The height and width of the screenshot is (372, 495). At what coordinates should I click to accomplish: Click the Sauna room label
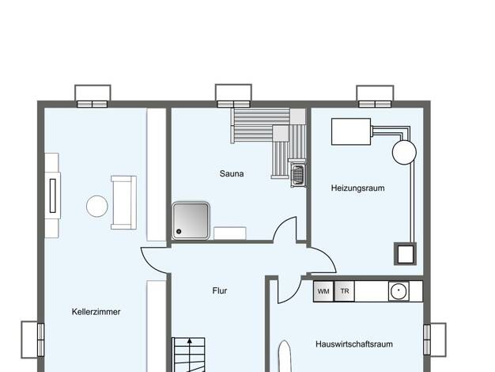click(232, 173)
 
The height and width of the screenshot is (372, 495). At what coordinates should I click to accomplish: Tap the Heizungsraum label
click(357, 188)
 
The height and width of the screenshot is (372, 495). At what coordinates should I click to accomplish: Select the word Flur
click(219, 290)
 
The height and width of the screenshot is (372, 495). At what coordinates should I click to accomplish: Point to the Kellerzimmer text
click(96, 312)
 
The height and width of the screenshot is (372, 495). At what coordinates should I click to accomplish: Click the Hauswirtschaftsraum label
click(354, 344)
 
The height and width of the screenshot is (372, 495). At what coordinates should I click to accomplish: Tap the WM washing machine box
click(323, 291)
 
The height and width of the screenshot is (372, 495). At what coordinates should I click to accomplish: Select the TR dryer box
click(345, 291)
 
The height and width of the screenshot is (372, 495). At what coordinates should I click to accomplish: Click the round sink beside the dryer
click(399, 291)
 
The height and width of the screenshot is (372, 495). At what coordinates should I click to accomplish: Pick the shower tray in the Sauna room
click(191, 221)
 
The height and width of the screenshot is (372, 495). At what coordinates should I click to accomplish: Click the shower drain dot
click(179, 231)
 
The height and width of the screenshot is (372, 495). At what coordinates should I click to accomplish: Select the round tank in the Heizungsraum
click(404, 152)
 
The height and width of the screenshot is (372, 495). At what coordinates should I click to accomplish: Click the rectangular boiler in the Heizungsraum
click(351, 132)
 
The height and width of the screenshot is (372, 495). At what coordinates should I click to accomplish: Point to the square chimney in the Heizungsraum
click(405, 254)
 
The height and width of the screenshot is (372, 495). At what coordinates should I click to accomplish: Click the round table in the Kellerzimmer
click(97, 206)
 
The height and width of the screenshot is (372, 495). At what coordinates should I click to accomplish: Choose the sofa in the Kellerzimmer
click(123, 203)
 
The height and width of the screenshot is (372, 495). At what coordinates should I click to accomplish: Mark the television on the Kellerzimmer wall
click(53, 195)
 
